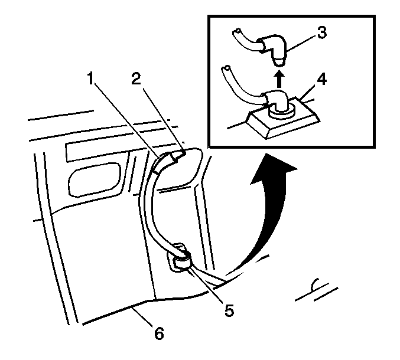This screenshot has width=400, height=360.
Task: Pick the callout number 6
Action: pyautogui.click(x=158, y=333)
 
